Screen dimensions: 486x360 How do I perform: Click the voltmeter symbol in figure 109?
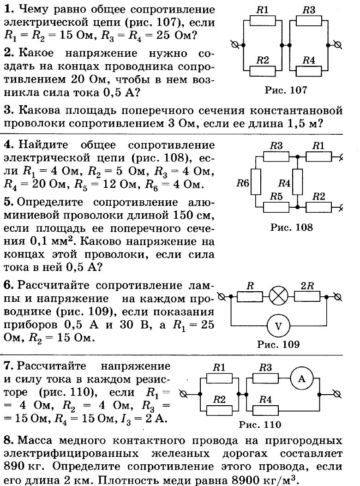pyautogui.click(x=278, y=326)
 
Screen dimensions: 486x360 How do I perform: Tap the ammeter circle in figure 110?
pyautogui.click(x=302, y=379)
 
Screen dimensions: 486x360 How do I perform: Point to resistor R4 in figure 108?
pyautogui.click(x=298, y=184)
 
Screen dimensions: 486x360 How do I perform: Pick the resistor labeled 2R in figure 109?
pyautogui.click(x=307, y=296)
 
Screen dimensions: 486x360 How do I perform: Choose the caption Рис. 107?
pyautogui.click(x=286, y=90)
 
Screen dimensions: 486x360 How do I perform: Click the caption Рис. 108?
pyautogui.click(x=292, y=227)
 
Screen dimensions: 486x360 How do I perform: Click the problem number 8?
pyautogui.click(x=7, y=440)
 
